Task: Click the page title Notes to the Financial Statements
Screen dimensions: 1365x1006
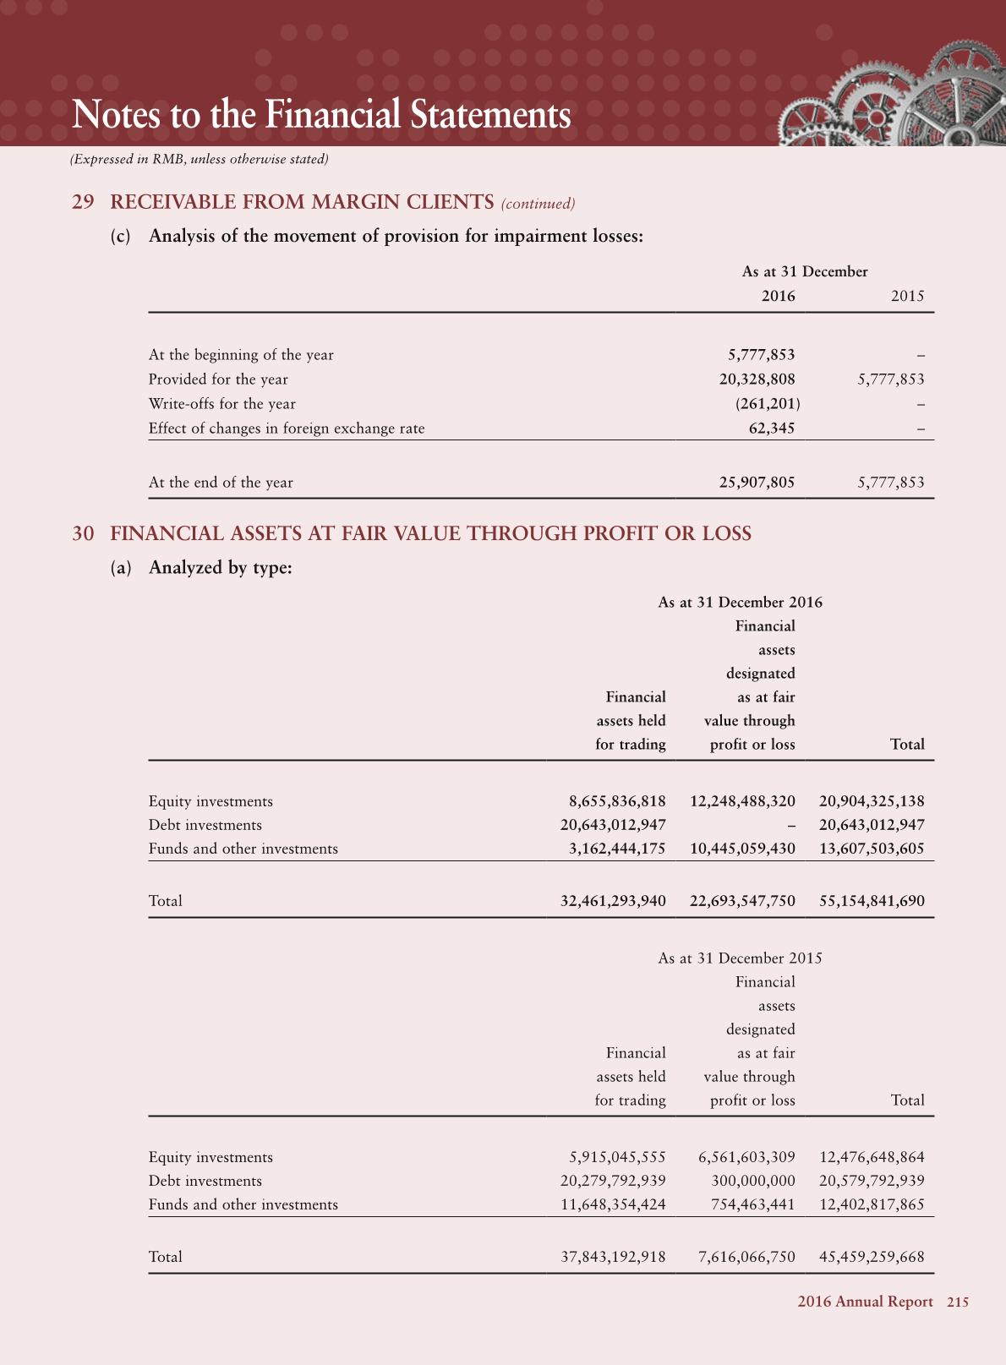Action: (x=321, y=115)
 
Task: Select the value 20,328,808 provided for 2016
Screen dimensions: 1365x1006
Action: (x=757, y=379)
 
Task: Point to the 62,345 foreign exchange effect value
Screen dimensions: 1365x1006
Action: (x=772, y=429)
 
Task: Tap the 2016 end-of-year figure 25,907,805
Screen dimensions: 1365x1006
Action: (x=757, y=483)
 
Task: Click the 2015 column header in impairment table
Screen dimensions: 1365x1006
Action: (x=907, y=296)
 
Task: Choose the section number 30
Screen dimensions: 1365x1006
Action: (x=83, y=533)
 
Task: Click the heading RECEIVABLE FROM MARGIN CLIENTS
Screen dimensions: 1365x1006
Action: (x=302, y=202)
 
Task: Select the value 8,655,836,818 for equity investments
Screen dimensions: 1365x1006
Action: (x=616, y=801)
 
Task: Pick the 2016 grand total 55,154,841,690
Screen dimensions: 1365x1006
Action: (x=872, y=901)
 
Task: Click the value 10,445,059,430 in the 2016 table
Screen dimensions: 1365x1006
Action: (x=742, y=849)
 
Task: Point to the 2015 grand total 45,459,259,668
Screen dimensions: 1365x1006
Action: (x=872, y=1257)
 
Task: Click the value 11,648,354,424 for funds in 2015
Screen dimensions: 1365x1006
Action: (x=613, y=1204)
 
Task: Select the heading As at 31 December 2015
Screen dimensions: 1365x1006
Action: (x=740, y=958)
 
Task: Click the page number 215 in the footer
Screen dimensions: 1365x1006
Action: (x=958, y=1302)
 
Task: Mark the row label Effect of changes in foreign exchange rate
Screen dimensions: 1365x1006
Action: (x=287, y=429)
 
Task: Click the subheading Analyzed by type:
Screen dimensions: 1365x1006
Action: (x=220, y=567)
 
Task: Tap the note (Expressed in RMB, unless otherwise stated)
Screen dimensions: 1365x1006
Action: (x=199, y=159)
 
